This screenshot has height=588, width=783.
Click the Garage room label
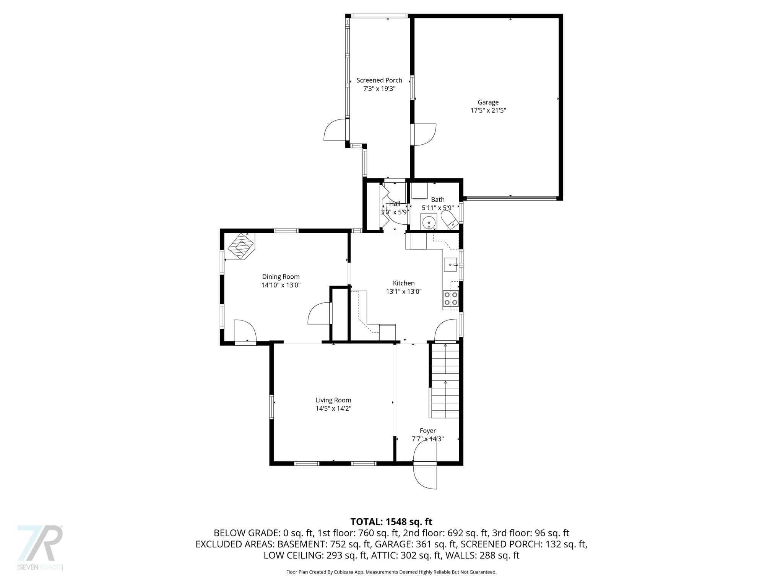point(488,102)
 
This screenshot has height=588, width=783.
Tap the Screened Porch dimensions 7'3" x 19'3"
point(379,89)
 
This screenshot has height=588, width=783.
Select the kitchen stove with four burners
point(451,299)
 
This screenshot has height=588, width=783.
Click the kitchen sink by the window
point(451,264)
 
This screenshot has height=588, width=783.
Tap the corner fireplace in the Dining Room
point(241,247)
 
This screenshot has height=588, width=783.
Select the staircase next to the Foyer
point(445,381)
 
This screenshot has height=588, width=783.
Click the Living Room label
point(333,400)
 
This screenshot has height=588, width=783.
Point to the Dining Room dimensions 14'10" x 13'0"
point(281,285)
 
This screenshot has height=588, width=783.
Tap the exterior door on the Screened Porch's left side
point(336,130)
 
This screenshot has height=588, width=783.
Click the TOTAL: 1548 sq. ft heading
point(391,521)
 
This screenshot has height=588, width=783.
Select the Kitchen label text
point(403,283)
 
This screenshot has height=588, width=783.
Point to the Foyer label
point(427,431)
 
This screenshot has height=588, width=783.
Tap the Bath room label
point(437,199)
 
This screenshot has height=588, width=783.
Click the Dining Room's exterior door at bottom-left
point(245,332)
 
